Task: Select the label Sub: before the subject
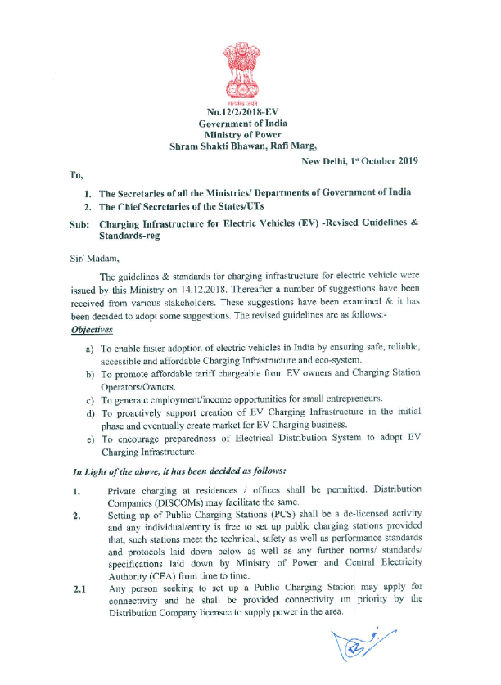pos(79,223)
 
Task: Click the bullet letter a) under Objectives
pos(89,348)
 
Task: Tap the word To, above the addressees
pos(76,174)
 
